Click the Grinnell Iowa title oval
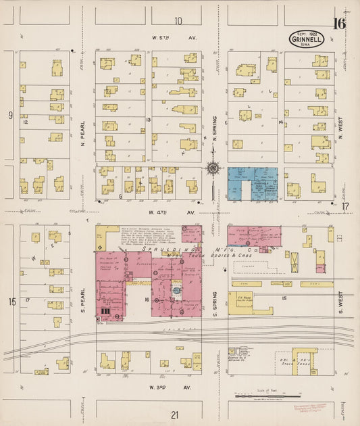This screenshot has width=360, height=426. [x=307, y=39]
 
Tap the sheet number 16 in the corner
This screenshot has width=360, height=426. [x=339, y=24]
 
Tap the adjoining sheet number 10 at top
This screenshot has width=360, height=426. [x=178, y=21]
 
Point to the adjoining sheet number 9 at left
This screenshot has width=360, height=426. [x=10, y=116]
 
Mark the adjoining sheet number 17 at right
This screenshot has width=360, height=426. [x=345, y=206]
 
